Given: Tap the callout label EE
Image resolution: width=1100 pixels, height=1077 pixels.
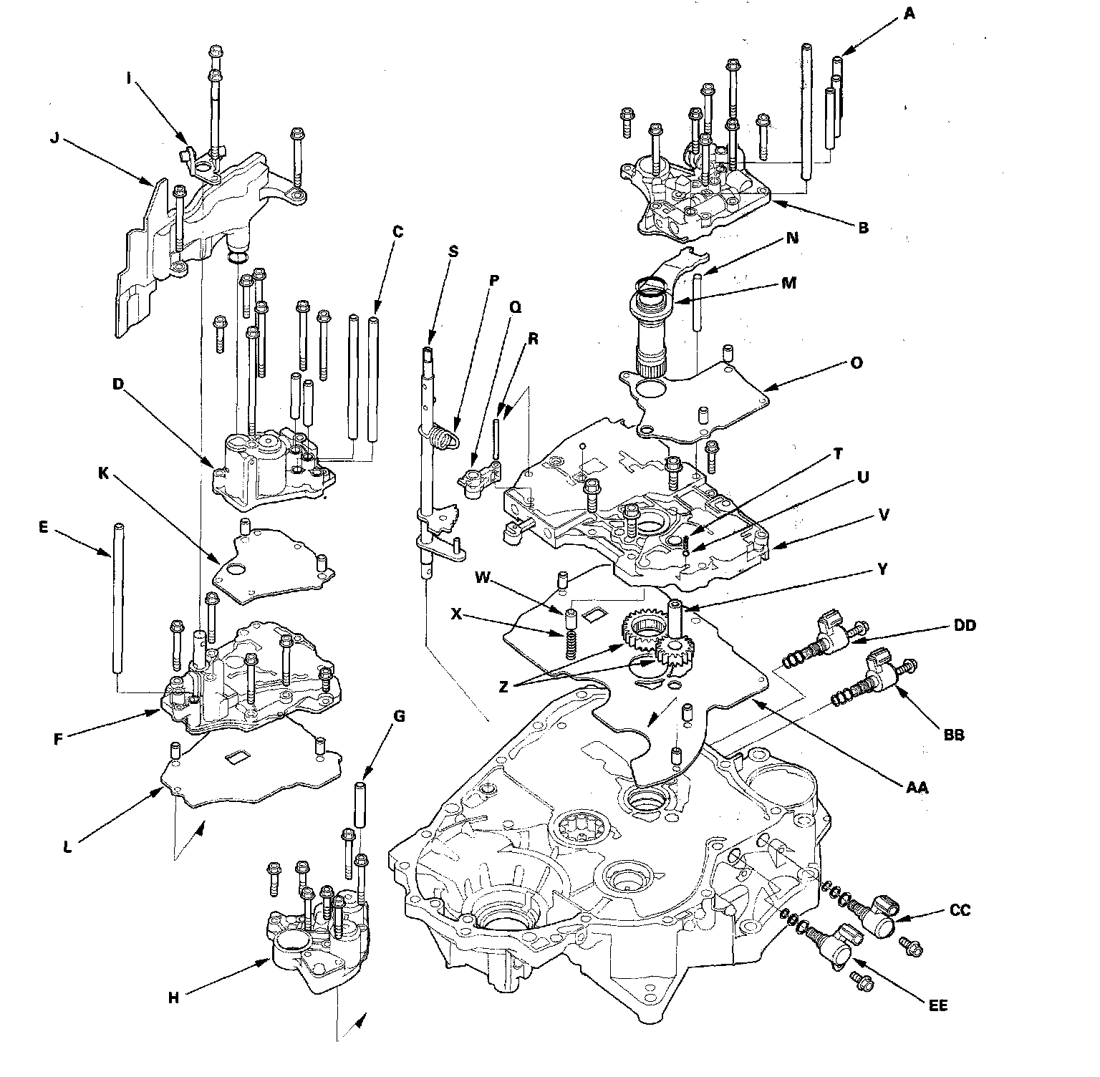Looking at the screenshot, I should (939, 1006).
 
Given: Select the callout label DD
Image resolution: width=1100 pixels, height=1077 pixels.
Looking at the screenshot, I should (964, 626).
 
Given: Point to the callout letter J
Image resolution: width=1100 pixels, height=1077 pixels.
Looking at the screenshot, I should (54, 138).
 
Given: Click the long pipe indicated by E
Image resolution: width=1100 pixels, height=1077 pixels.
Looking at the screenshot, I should (116, 598).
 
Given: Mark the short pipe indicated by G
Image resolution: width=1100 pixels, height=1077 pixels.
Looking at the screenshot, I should (360, 805).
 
